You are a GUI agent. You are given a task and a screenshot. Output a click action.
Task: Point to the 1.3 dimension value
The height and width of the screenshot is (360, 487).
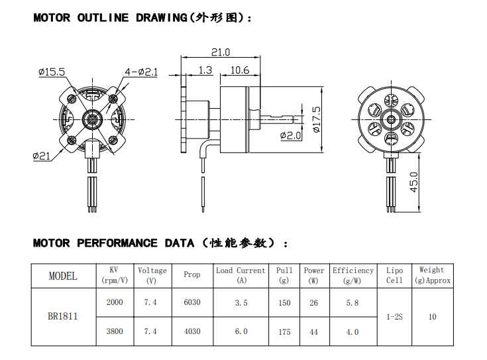[x=205, y=70]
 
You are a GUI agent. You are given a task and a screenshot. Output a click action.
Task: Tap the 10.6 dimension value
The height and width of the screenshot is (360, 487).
[x=239, y=70]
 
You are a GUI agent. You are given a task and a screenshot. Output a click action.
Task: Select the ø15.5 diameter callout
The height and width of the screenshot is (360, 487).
[x=51, y=72]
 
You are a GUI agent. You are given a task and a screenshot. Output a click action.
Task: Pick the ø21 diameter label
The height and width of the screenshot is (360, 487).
[x=41, y=156]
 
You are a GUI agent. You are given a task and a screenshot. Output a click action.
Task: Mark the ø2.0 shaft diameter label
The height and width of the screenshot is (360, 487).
[x=290, y=135]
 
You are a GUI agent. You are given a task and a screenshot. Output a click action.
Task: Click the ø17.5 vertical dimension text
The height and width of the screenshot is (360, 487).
[x=316, y=119]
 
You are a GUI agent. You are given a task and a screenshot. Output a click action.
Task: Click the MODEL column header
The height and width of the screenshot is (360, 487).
[x=63, y=276]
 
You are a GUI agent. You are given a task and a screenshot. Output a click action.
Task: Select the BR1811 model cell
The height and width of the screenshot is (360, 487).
[x=63, y=316]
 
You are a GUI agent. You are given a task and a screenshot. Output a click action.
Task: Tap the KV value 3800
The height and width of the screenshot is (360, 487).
[x=114, y=331]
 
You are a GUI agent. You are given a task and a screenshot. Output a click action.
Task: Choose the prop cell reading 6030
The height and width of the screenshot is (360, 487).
[x=191, y=302]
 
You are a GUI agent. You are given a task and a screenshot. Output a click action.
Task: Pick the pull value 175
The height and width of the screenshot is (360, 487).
[x=284, y=331]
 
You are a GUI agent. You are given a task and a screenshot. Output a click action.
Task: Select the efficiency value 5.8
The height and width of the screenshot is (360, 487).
[x=352, y=302]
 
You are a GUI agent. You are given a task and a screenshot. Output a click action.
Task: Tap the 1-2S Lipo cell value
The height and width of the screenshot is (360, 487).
[x=394, y=317]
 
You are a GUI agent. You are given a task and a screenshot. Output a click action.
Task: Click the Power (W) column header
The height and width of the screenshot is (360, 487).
[x=314, y=275]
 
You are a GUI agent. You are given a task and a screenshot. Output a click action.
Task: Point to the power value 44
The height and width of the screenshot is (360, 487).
[x=314, y=331]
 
